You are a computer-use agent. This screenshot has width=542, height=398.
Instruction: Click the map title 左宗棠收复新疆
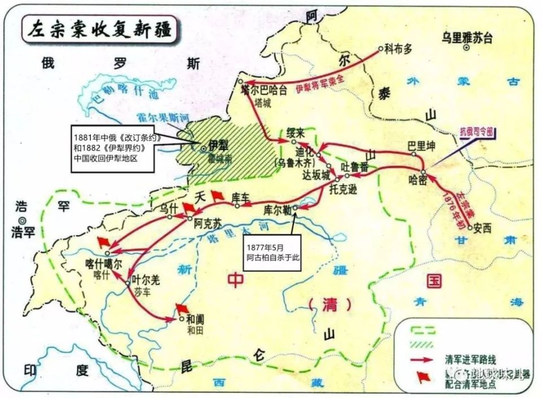pyautogui.click(x=98, y=27)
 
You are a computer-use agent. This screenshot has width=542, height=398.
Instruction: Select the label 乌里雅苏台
pyautogui.click(x=467, y=38)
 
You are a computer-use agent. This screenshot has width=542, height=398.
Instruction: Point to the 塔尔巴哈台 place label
pyautogui.click(x=264, y=89)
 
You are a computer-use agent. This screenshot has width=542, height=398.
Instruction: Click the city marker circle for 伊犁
pyautogui.click(x=204, y=148)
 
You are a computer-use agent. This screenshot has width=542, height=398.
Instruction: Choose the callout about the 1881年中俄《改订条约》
pyautogui.click(x=117, y=148)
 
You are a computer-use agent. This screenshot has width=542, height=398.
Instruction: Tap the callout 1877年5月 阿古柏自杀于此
pyautogui.click(x=270, y=252)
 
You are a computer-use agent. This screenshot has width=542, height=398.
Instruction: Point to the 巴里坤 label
pyautogui.click(x=422, y=146)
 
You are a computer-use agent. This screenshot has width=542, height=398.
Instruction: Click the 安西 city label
pyautogui.click(x=483, y=229)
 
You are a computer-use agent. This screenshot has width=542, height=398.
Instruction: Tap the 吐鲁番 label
pyautogui.click(x=355, y=167)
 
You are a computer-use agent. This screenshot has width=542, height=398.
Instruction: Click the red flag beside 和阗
pyautogui.click(x=182, y=308)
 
